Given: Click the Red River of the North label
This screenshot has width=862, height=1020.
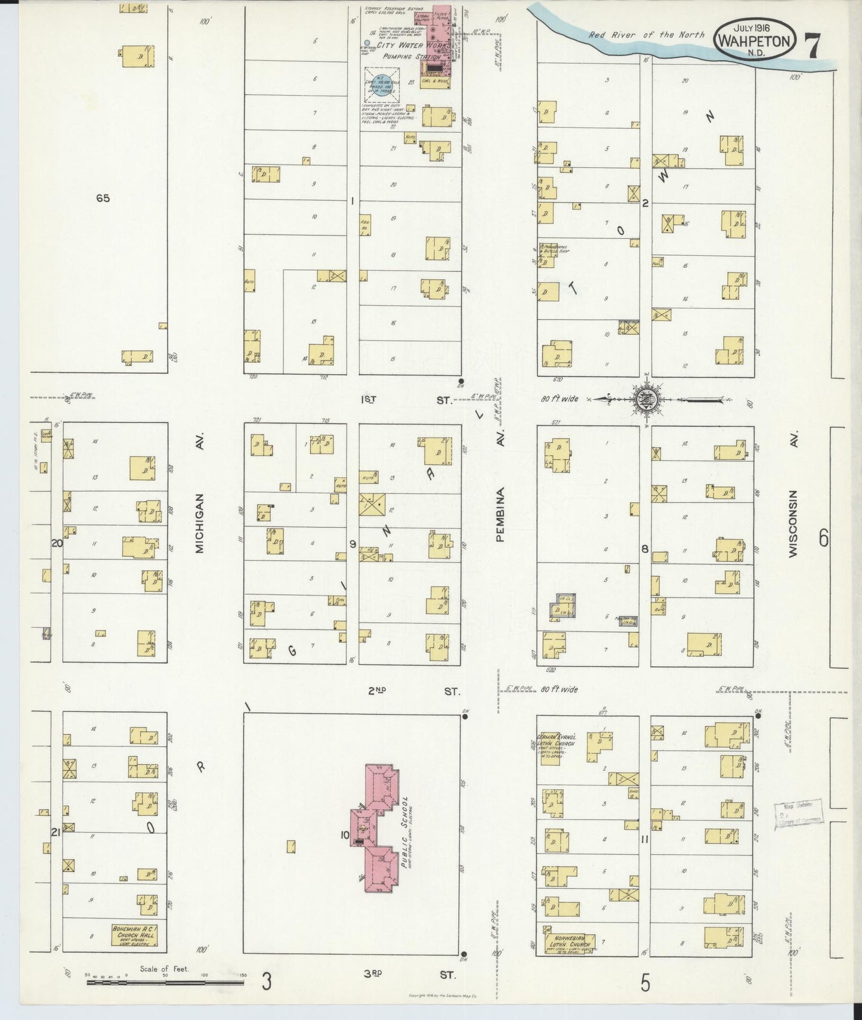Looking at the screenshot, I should (646, 35).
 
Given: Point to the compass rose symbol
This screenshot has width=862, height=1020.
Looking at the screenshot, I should (647, 398).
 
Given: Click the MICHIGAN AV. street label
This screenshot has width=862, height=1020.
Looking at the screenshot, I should (199, 523).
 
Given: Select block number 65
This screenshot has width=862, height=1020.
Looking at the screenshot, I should (103, 198).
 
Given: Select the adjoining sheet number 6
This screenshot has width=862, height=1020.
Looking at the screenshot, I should (824, 539).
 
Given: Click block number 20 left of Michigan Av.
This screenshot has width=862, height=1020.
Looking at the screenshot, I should (57, 543).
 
